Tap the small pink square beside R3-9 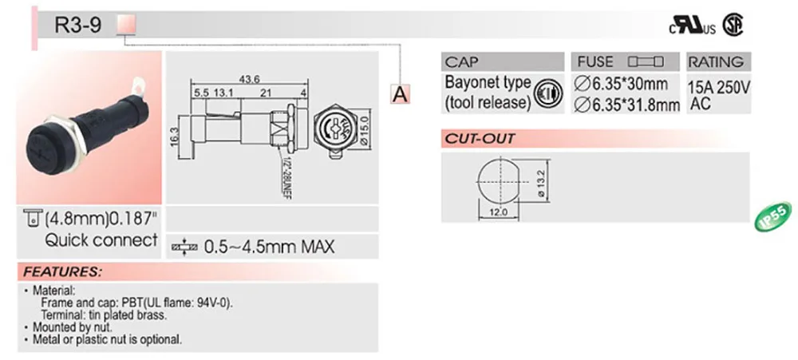[x=127, y=26]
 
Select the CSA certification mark [x=733, y=26]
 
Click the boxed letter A [x=400, y=94]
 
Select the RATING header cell [x=716, y=61]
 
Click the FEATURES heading [x=62, y=271]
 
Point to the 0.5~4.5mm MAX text [x=270, y=247]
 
